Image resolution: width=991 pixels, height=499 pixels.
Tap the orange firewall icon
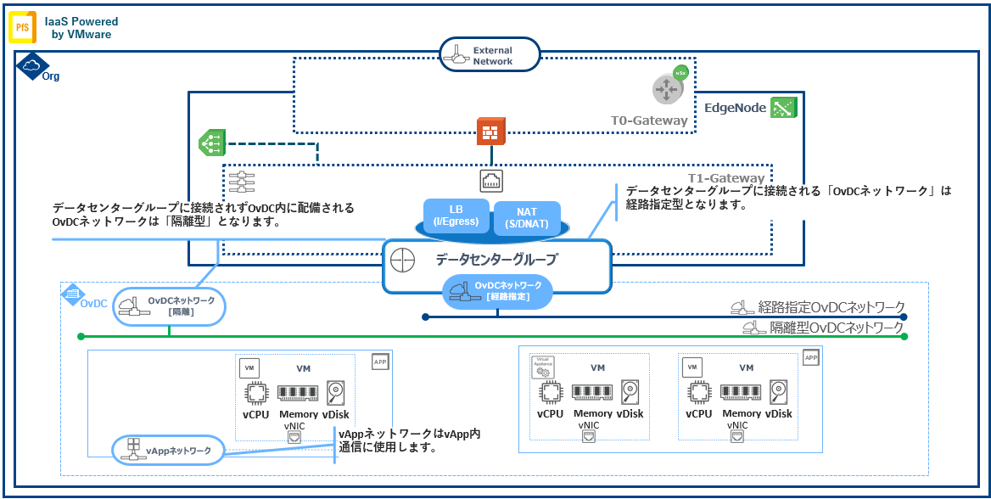490,132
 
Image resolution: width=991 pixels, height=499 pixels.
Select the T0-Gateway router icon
666,89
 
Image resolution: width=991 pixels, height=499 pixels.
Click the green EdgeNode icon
781,108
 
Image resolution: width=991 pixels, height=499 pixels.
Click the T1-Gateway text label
726,179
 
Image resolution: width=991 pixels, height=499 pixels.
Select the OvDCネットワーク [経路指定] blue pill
496,291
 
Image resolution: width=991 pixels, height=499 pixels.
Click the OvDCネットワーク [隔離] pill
169,306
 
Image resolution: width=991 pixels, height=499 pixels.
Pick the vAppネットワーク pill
168,450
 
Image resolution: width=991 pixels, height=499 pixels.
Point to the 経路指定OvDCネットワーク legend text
831,307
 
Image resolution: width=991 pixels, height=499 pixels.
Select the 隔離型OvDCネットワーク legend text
836,328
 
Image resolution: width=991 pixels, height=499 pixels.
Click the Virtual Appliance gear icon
541,367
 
